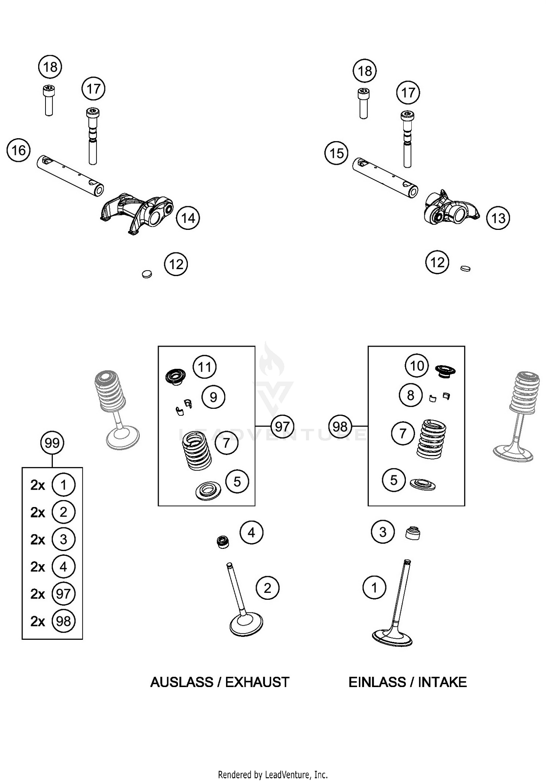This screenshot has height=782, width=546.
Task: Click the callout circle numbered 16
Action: pos(19,150)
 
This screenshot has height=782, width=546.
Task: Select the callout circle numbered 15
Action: pos(336,153)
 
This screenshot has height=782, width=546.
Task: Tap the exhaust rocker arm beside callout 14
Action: pos(136,212)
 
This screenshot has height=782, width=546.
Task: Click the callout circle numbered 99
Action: pos(52,443)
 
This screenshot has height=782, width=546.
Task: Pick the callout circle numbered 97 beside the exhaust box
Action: pos(282,426)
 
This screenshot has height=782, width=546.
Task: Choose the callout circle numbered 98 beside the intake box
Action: pos(340,426)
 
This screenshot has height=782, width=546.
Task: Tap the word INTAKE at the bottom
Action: pos(442,682)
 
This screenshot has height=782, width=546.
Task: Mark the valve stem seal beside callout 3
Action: pos(413,533)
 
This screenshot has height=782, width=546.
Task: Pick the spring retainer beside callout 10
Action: pos(445,370)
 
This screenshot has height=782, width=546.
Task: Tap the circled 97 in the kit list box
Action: pos(63,594)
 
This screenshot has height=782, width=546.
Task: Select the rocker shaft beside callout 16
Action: pos(70,176)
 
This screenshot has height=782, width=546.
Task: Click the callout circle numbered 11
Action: pos(205,367)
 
